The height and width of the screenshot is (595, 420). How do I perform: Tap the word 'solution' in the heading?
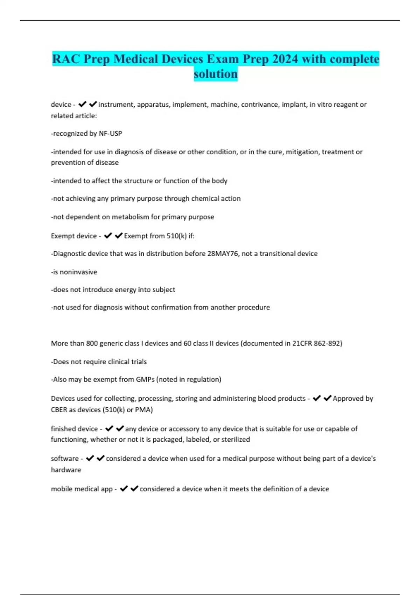(x=216, y=74)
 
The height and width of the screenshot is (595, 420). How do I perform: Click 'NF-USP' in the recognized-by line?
(x=111, y=133)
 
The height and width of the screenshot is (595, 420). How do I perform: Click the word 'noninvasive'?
(x=78, y=272)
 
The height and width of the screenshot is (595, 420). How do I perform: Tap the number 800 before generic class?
(x=92, y=343)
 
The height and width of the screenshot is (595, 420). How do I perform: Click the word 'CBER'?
(x=59, y=410)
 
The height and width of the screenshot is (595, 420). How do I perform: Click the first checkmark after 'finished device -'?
(x=109, y=428)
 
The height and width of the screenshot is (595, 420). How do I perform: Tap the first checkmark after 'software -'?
(x=90, y=458)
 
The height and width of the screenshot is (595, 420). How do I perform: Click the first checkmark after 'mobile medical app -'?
(x=124, y=489)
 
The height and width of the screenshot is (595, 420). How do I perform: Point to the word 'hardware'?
(x=66, y=470)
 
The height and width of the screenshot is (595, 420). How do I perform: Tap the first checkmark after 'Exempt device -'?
(x=108, y=236)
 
